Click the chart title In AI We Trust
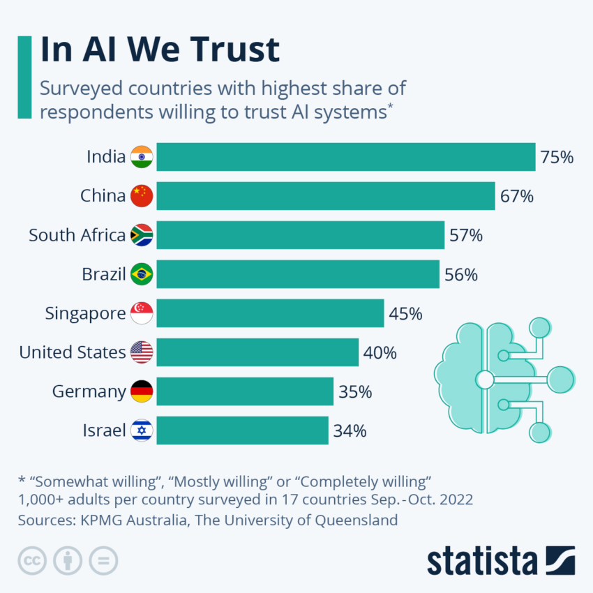click(160, 50)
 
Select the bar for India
click(345, 157)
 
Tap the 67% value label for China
click(516, 196)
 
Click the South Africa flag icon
click(142, 235)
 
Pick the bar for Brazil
click(298, 274)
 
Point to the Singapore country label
click(85, 313)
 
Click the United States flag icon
click(142, 352)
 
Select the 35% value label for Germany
click(355, 391)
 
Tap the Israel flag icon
click(142, 430)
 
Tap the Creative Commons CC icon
click(31, 560)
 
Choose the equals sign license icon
click(103, 560)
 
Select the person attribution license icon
click(68, 560)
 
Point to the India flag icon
click(142, 157)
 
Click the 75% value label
click(557, 157)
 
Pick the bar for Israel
click(242, 430)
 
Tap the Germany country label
click(89, 391)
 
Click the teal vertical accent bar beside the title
click(24, 77)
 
